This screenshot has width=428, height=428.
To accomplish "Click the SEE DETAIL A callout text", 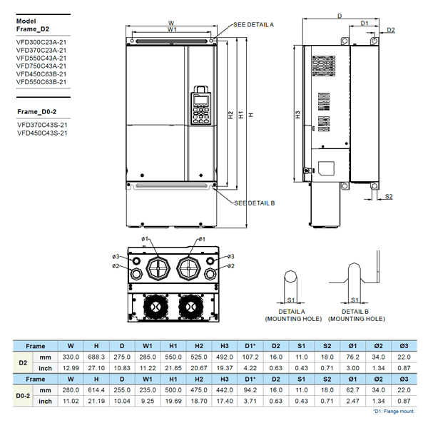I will (x=253, y=24).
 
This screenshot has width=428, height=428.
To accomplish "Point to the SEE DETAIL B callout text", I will (x=254, y=203).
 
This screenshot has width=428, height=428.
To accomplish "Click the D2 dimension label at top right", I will (x=391, y=30).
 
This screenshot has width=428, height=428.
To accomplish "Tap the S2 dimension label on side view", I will (x=389, y=196).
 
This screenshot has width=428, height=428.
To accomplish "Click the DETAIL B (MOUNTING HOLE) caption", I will (x=356, y=315).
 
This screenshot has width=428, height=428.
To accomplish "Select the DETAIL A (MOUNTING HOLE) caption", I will (x=293, y=315).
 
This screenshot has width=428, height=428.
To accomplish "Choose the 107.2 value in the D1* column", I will (x=250, y=356).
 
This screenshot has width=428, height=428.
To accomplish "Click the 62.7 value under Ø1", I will (x=353, y=392).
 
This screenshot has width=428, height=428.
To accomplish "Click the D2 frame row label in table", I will (x=22, y=361).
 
